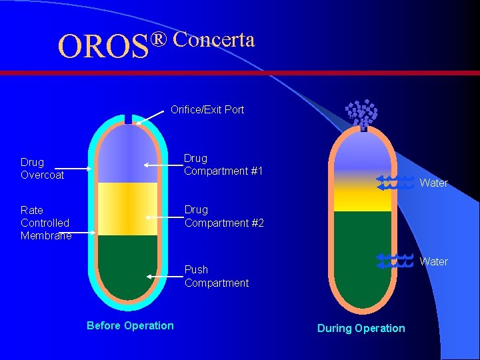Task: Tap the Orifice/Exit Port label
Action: pyautogui.click(x=207, y=109)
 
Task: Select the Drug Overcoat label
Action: pyautogui.click(x=42, y=168)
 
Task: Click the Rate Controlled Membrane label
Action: pyautogui.click(x=45, y=223)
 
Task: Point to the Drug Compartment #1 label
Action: pyautogui.click(x=223, y=165)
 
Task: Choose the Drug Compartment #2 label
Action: pyautogui.click(x=224, y=216)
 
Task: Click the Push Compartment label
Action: pyautogui.click(x=216, y=276)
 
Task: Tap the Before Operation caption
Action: pyautogui.click(x=130, y=325)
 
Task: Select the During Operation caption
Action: pyautogui.click(x=361, y=328)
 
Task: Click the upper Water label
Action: pyautogui.click(x=433, y=183)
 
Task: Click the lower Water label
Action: pyautogui.click(x=433, y=261)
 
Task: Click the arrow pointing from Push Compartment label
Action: pyautogui.click(x=163, y=275)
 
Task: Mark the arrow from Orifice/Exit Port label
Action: pyautogui.click(x=149, y=117)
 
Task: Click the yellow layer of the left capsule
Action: pyautogui.click(x=127, y=208)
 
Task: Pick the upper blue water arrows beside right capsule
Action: pyautogui.click(x=395, y=183)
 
